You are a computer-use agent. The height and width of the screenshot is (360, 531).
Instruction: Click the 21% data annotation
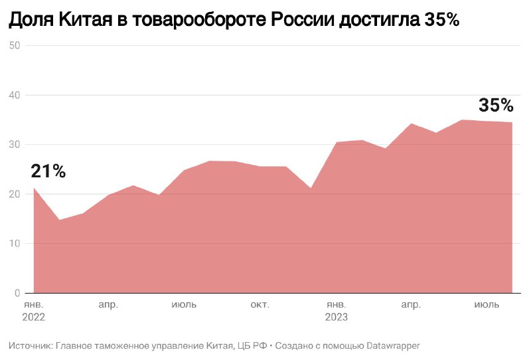[48, 171]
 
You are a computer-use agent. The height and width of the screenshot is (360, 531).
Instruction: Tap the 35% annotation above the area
[496, 106]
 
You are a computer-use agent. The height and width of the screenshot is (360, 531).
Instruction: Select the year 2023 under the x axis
[336, 317]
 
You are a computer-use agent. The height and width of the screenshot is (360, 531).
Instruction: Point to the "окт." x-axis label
[260, 305]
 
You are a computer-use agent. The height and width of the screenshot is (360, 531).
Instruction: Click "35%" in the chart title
[441, 21]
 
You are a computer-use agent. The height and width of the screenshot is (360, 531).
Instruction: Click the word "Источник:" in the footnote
[30, 345]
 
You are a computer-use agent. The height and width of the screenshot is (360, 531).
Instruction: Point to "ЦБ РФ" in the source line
[252, 345]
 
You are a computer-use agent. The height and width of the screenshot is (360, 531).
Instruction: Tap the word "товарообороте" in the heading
[198, 21]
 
